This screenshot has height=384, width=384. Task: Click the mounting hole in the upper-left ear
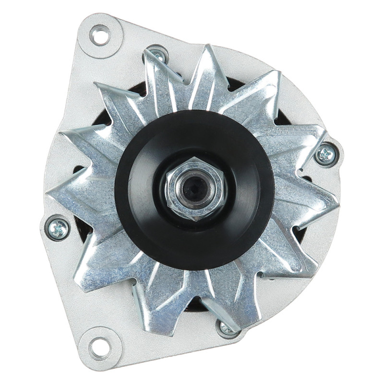(100, 36)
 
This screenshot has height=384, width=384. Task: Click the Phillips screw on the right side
(326, 155)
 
